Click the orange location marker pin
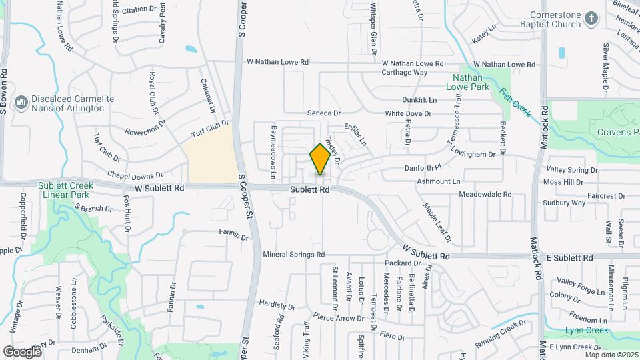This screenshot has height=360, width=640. (x=321, y=159)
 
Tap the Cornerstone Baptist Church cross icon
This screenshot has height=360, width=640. (x=591, y=19)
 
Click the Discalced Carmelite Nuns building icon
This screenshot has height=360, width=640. (x=21, y=103)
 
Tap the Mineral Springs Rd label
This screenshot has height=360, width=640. (x=293, y=255)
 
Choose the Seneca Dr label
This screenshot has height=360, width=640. (x=323, y=113)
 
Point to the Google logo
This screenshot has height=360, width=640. (x=22, y=351)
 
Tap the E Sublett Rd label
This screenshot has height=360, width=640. (x=569, y=257)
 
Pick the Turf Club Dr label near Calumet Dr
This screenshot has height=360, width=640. (x=210, y=129)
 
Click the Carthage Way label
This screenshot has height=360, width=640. (x=405, y=72)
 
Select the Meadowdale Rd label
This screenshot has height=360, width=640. (x=485, y=194)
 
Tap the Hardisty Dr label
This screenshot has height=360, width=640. (x=277, y=305)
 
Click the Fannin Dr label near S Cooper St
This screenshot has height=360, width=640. (x=233, y=237)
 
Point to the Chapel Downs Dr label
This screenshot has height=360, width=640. (x=135, y=176)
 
